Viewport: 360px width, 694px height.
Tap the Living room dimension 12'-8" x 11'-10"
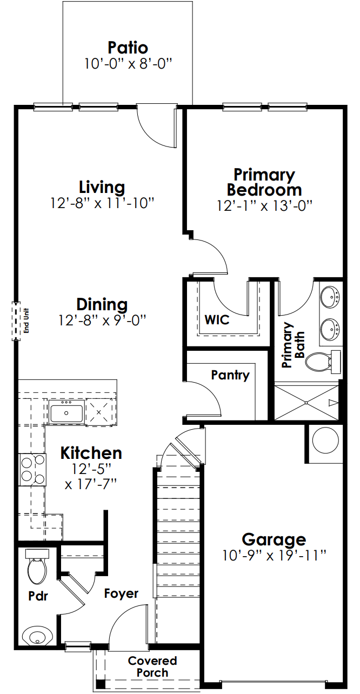tap(103, 203)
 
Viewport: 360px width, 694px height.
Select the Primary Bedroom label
tap(264, 182)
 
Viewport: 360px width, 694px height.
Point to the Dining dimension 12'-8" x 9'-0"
tap(103, 320)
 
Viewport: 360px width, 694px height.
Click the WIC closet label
tap(216, 319)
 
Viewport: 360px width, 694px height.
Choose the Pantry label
tap(230, 375)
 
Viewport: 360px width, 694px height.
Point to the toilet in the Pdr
tap(37, 568)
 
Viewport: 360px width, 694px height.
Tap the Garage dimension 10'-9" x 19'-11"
tap(274, 555)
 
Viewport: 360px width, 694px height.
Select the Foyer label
tap(121, 593)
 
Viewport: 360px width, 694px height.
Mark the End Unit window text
tap(25, 321)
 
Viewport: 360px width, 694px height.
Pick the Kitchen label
tap(91, 452)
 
